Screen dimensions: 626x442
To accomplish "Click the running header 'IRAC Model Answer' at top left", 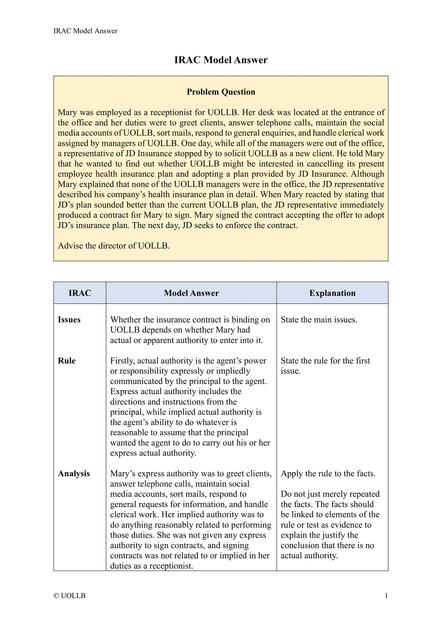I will pos(85,31).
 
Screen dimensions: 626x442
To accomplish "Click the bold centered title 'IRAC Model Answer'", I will pos(221,60).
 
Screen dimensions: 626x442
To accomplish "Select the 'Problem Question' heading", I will pos(221,92).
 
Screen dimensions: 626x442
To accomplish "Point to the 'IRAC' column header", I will pos(80,293).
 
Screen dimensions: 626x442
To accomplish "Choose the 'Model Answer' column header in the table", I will pos(191,293).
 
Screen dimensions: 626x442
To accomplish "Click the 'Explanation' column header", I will pos(332,293).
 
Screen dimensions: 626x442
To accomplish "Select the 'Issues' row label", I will pos(69,320).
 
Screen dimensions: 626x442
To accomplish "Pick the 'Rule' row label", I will pos(67,361).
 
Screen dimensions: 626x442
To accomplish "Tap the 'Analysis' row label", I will pos(74,474).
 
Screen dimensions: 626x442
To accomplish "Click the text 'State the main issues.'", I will pos(319,320).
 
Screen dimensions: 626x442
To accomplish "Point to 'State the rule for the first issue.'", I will pos(325,366).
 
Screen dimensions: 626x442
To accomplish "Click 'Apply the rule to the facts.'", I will pos(328,474).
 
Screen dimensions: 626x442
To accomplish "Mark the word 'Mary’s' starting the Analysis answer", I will pos(124,474).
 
